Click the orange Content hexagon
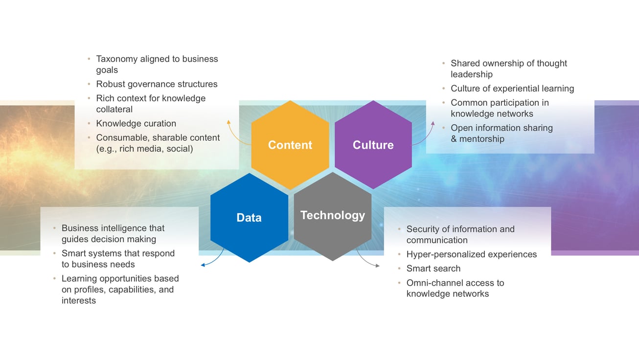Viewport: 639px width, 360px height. (x=290, y=145)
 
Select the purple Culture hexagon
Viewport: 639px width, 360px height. (x=373, y=145)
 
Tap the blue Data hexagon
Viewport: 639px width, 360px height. (x=249, y=218)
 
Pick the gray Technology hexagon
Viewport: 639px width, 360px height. (x=333, y=216)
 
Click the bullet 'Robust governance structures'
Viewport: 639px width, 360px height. (x=157, y=84)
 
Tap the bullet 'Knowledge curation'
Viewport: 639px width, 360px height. (x=136, y=124)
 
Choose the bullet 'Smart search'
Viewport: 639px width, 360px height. (x=433, y=269)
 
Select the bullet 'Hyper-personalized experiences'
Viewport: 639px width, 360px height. (x=471, y=254)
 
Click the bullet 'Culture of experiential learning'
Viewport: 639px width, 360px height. (x=512, y=89)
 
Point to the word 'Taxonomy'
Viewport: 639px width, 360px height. (x=117, y=59)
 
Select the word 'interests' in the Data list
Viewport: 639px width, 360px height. (x=79, y=301)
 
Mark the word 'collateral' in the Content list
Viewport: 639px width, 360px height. (x=114, y=110)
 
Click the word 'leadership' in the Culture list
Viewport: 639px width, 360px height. (x=472, y=74)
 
